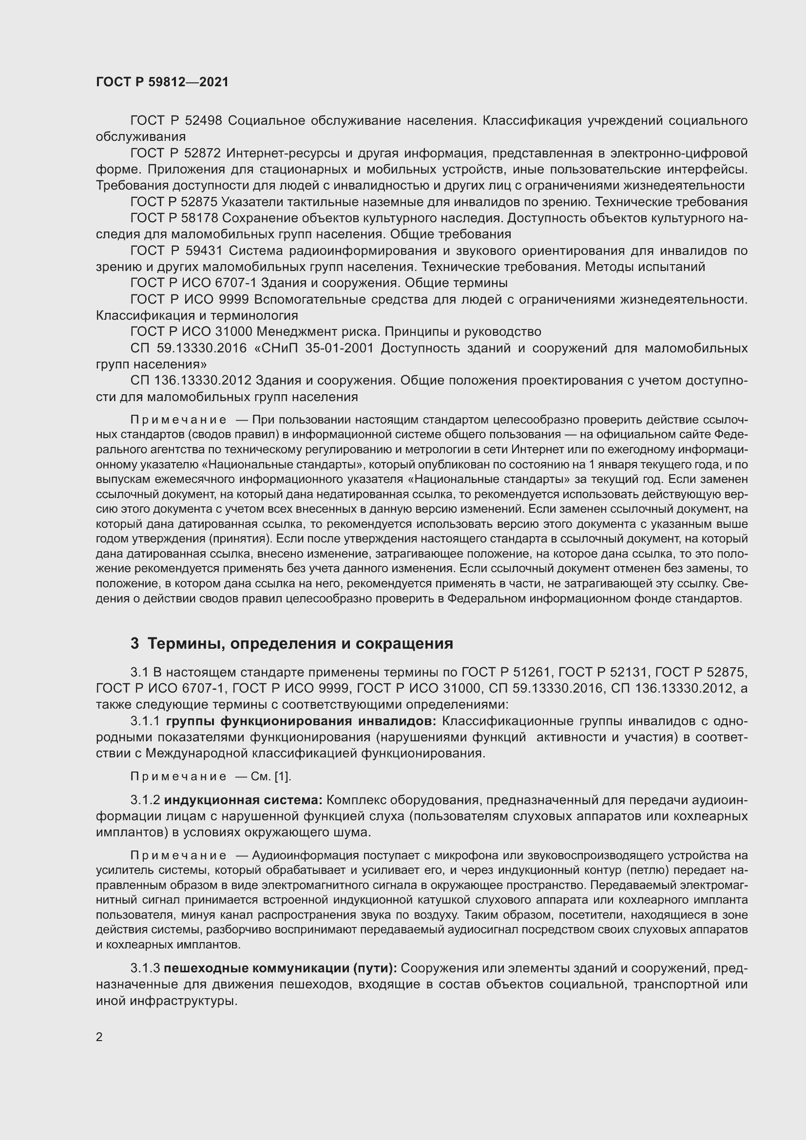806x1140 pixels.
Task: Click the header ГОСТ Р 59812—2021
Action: (162, 82)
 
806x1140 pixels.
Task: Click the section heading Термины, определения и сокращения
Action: (300, 643)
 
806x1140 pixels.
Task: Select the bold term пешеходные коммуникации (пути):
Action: (280, 968)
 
